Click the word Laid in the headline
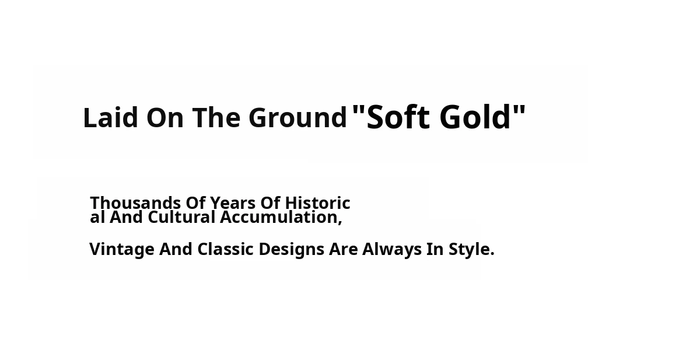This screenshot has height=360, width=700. pos(111,117)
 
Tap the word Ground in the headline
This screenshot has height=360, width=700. pos(298,117)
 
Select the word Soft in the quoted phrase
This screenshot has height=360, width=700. pos(398,117)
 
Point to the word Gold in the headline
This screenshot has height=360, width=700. pos(475,117)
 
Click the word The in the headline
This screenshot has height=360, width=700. pos(216,117)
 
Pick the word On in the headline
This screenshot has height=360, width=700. pos(164,117)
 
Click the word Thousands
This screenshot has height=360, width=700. pos(135,203)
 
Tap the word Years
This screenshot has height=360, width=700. pos(233,203)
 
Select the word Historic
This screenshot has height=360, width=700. pos(317,203)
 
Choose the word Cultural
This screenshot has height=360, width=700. pos(181,217)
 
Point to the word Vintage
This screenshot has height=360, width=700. pos(122,250)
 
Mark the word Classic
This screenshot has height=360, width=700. pos(225,249)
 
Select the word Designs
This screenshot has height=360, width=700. pos(292,250)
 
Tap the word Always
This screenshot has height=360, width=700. pos(392,250)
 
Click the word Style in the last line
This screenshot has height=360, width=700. pos(469,250)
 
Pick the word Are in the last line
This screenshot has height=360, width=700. pos(344,249)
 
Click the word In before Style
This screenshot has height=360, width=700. pos(435,249)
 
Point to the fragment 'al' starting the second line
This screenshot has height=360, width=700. pos(97,217)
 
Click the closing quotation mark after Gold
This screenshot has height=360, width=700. pos(519,110)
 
